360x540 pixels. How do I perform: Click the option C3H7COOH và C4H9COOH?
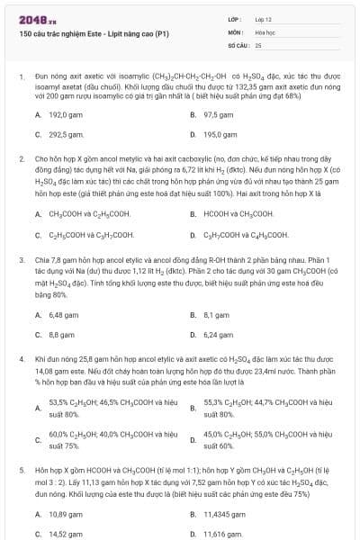(x=246, y=234)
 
